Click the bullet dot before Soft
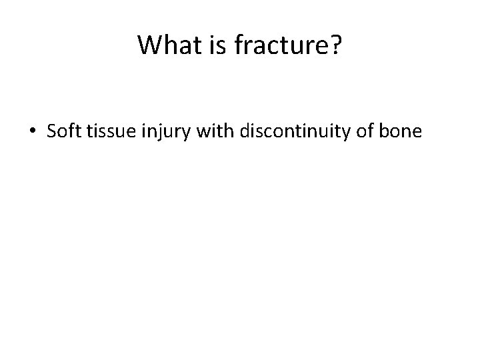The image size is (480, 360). point(33,132)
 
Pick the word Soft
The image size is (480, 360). point(62,131)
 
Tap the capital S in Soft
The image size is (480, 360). point(51,131)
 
